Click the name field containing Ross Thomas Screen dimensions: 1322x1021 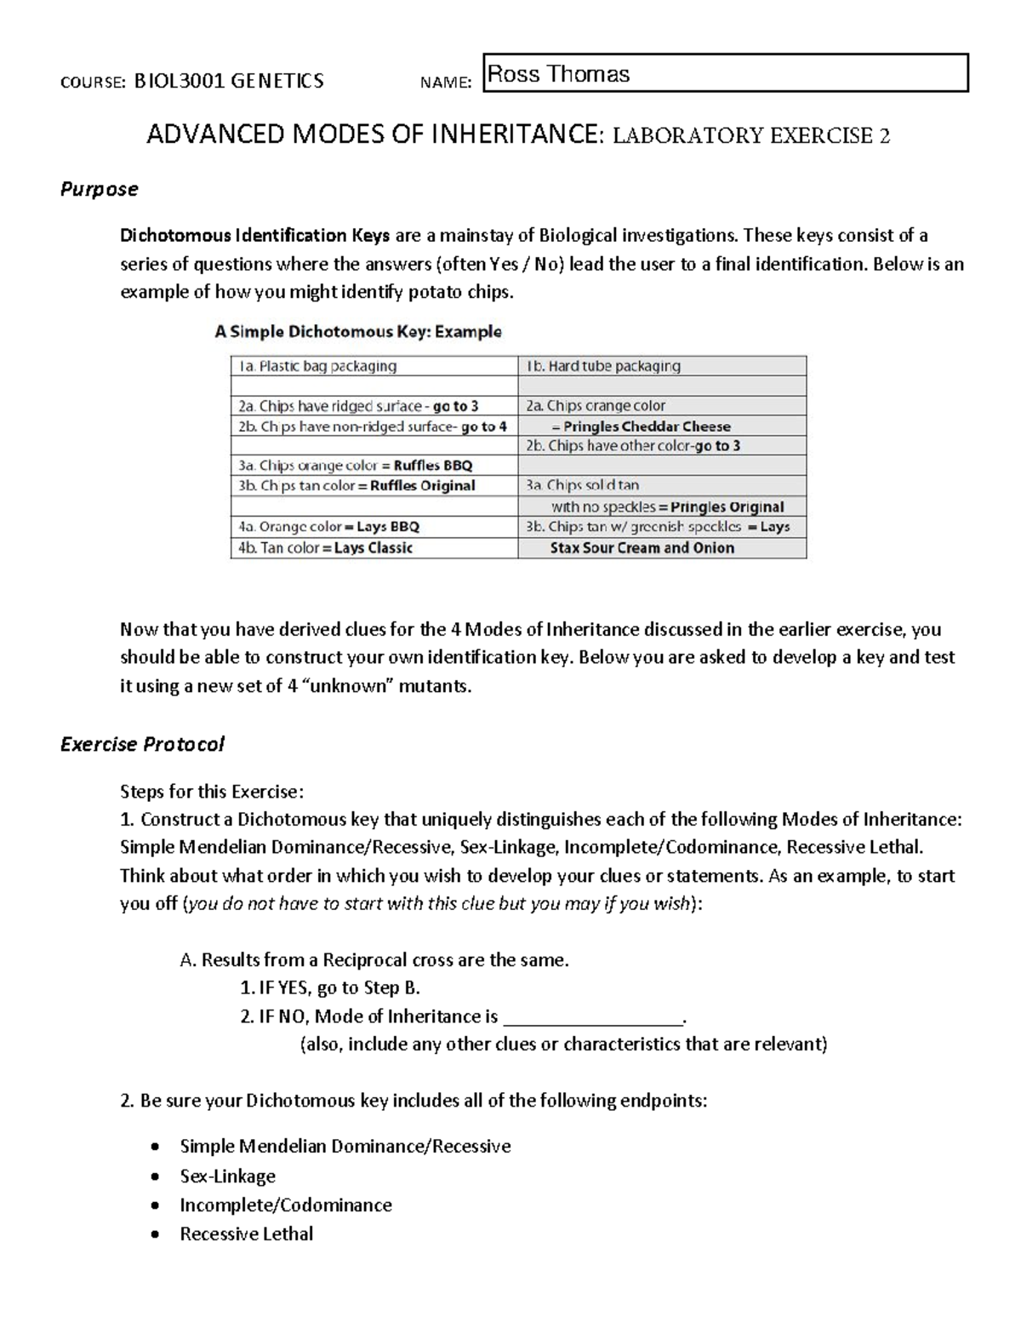click(x=725, y=73)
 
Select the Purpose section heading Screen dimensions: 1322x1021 click(x=99, y=189)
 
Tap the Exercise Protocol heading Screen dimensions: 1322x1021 click(x=142, y=744)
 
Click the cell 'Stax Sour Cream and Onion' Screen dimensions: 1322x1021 click(x=642, y=548)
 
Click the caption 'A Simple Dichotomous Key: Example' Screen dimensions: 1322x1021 click(x=358, y=332)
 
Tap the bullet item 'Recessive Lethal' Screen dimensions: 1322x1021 click(x=247, y=1233)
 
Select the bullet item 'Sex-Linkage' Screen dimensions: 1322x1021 click(x=227, y=1176)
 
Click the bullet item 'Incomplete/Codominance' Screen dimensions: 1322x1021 click(x=286, y=1205)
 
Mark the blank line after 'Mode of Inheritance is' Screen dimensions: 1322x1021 click(x=593, y=1017)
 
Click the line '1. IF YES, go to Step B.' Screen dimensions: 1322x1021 click(x=330, y=987)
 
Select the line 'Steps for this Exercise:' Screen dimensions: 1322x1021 click(x=211, y=792)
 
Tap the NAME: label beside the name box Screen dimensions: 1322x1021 click(x=446, y=83)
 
